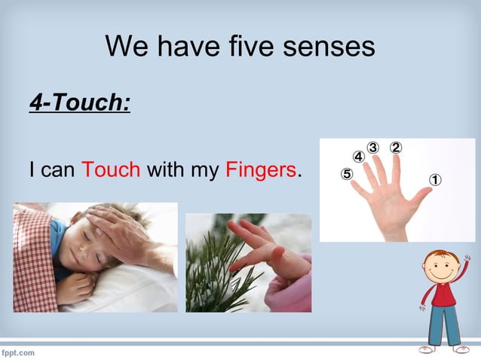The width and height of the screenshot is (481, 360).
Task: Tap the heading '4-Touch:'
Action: click(x=80, y=102)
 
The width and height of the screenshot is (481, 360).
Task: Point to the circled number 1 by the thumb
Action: click(x=435, y=180)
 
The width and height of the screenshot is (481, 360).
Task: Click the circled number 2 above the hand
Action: click(x=396, y=148)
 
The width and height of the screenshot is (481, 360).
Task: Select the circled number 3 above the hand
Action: click(x=373, y=147)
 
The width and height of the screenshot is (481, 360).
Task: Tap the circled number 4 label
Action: click(x=359, y=157)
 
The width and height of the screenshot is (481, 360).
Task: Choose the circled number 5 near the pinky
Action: click(x=347, y=174)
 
